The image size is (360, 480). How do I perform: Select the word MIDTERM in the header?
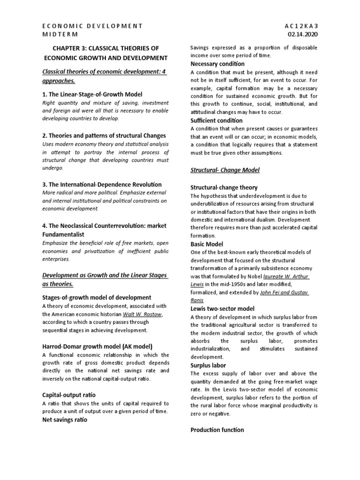point(60,34)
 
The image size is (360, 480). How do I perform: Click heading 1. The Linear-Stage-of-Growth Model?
point(92,94)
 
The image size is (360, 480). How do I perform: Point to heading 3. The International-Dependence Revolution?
point(102,184)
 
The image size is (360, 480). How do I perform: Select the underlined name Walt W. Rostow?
point(144,313)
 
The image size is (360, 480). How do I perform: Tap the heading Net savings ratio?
point(65,420)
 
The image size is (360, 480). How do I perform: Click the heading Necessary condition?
point(217,64)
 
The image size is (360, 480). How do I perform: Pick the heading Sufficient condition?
point(216,120)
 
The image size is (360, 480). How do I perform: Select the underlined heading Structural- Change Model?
point(225,169)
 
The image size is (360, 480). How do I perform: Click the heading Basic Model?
point(206,244)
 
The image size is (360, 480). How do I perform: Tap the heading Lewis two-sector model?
point(222,308)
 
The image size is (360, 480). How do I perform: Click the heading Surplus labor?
point(208,365)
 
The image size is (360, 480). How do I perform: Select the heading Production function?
point(217,430)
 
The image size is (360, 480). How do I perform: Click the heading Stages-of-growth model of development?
point(97,297)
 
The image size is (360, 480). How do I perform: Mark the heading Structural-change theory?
point(224,187)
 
